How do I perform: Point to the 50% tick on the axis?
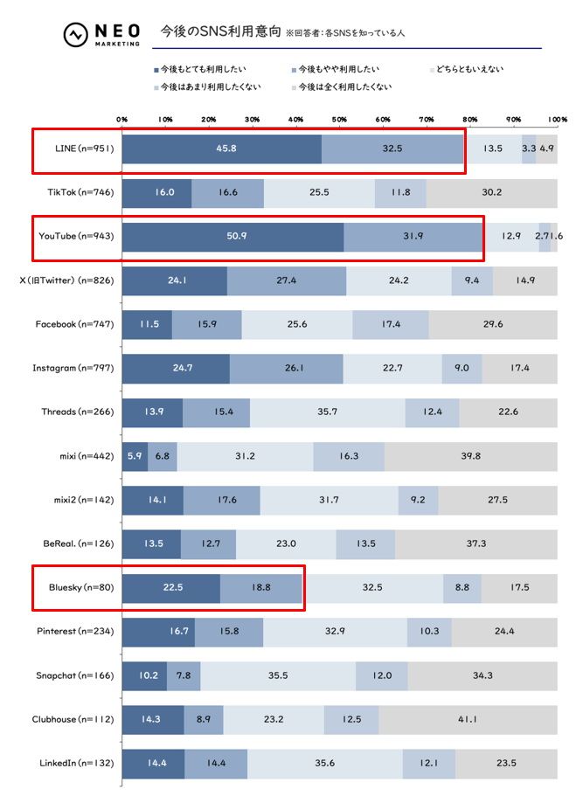pos(339,119)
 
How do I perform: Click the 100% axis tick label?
pos(557,119)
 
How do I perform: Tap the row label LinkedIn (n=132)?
pos(77,764)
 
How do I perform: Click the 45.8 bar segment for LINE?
pos(221,149)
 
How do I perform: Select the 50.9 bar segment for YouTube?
pos(233,237)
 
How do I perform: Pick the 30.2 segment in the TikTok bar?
pos(491,192)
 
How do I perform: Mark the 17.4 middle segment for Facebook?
pos(391,324)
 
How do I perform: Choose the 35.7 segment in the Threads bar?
pos(328,412)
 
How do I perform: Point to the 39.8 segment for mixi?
pos(470,456)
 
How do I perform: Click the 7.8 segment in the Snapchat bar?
pos(184,675)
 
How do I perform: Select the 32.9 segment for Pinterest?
pos(335,632)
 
